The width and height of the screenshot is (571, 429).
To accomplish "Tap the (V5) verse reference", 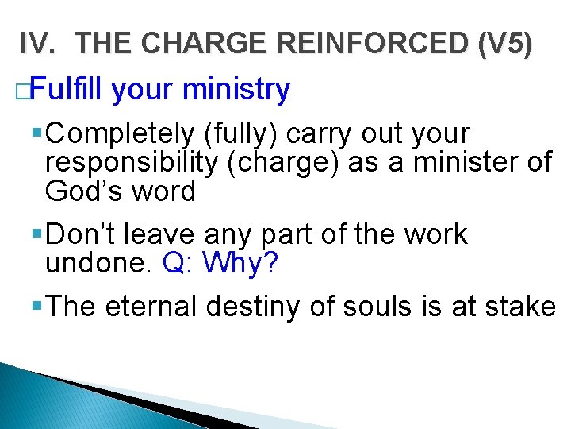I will (504, 45).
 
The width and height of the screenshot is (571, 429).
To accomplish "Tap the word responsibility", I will (129, 162).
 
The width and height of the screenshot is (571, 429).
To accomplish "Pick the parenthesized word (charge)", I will (279, 162).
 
